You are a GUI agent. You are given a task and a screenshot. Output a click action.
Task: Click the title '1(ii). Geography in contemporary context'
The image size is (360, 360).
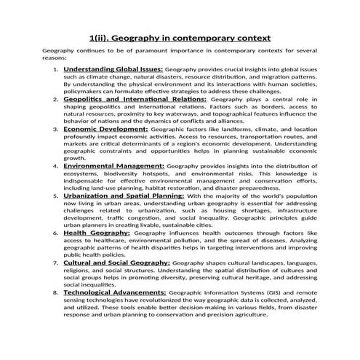click(x=180, y=37)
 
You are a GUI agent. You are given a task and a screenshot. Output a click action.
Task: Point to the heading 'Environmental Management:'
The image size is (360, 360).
click(x=114, y=166)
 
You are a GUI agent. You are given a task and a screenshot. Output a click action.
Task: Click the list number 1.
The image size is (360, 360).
click(x=57, y=69)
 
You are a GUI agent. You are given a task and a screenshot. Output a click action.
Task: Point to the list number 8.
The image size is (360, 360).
click(x=57, y=293)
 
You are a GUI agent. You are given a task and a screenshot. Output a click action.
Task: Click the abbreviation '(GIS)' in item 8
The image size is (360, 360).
click(x=271, y=292)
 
